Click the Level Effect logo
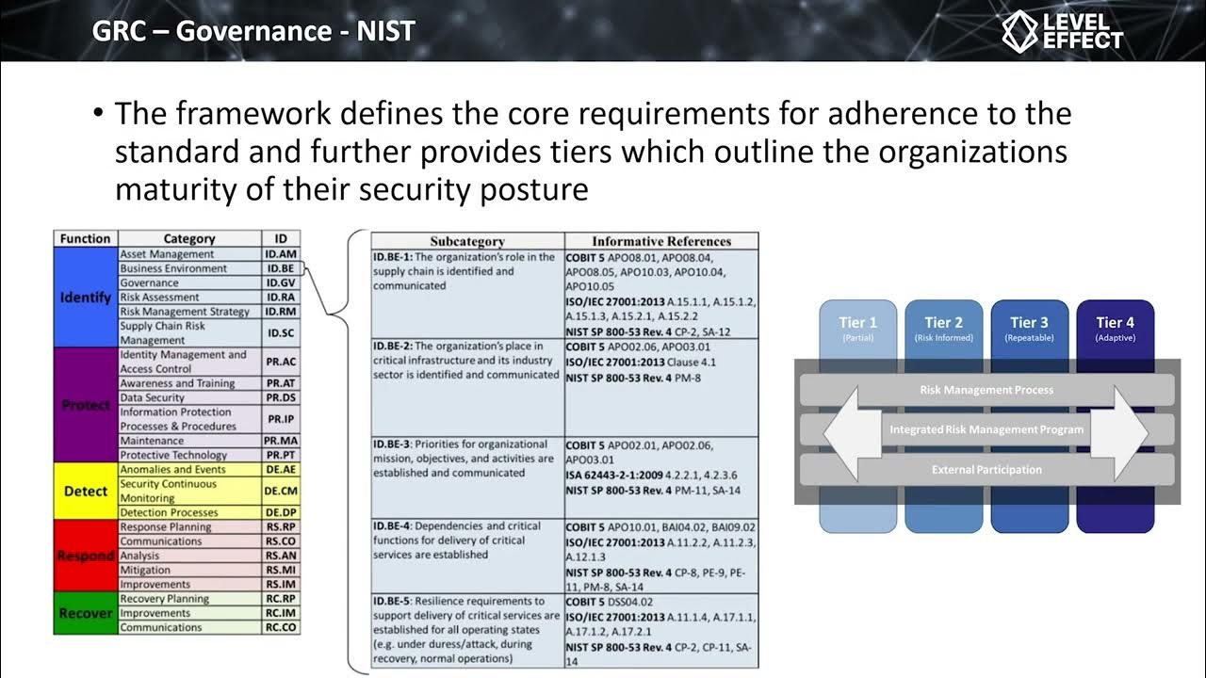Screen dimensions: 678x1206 click(x=1062, y=31)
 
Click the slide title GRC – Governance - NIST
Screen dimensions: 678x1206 click(x=253, y=31)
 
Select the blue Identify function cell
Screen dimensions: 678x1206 click(x=86, y=297)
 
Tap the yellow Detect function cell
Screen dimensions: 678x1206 click(x=86, y=491)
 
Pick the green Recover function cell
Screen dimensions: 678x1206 click(x=86, y=613)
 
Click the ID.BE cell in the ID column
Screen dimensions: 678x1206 click(x=281, y=268)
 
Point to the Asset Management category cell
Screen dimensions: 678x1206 click(x=188, y=254)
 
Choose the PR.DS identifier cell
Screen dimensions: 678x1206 click(x=281, y=397)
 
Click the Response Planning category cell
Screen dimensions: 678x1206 click(x=188, y=527)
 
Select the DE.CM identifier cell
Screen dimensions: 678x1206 click(x=281, y=491)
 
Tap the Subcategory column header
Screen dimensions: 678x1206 click(x=467, y=241)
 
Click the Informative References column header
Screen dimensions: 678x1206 click(x=661, y=241)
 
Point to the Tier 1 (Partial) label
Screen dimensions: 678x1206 click(x=858, y=328)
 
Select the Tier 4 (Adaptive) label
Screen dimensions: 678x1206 click(x=1116, y=328)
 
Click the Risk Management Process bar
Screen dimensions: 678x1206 click(x=986, y=390)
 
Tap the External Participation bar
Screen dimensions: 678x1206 click(x=986, y=470)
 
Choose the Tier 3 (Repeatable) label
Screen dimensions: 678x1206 click(x=1030, y=328)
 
